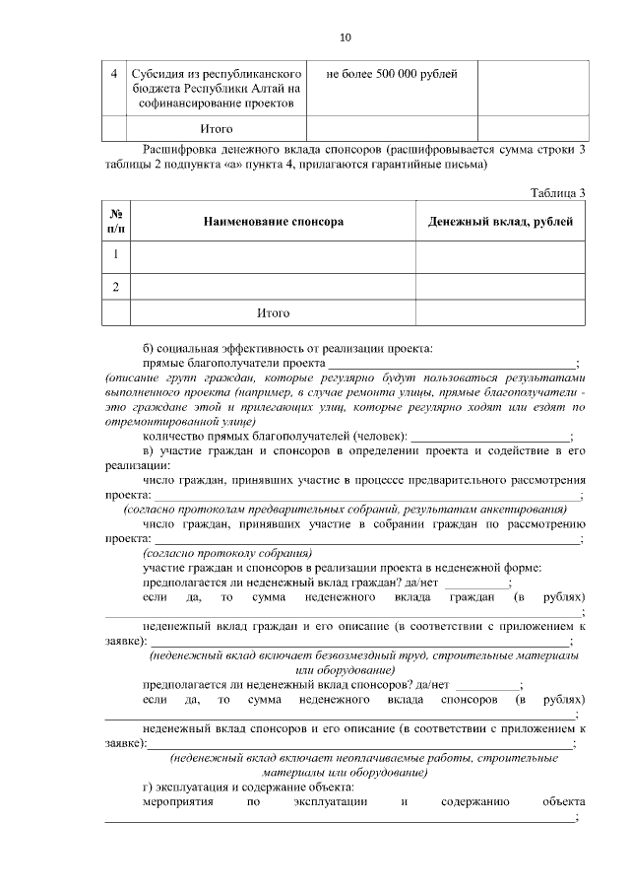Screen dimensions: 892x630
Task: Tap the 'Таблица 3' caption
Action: click(x=557, y=192)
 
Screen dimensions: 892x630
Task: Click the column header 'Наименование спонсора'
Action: click(x=273, y=222)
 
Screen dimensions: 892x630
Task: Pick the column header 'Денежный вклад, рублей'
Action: click(x=500, y=222)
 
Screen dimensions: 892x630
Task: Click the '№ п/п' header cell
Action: click(x=115, y=222)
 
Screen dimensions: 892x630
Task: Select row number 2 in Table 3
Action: click(x=115, y=287)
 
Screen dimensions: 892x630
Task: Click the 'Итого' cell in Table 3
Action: click(x=273, y=313)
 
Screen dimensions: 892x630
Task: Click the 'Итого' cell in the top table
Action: click(x=216, y=129)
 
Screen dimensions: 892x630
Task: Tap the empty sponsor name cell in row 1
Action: click(x=273, y=255)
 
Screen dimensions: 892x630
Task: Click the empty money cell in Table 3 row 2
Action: click(x=500, y=287)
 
